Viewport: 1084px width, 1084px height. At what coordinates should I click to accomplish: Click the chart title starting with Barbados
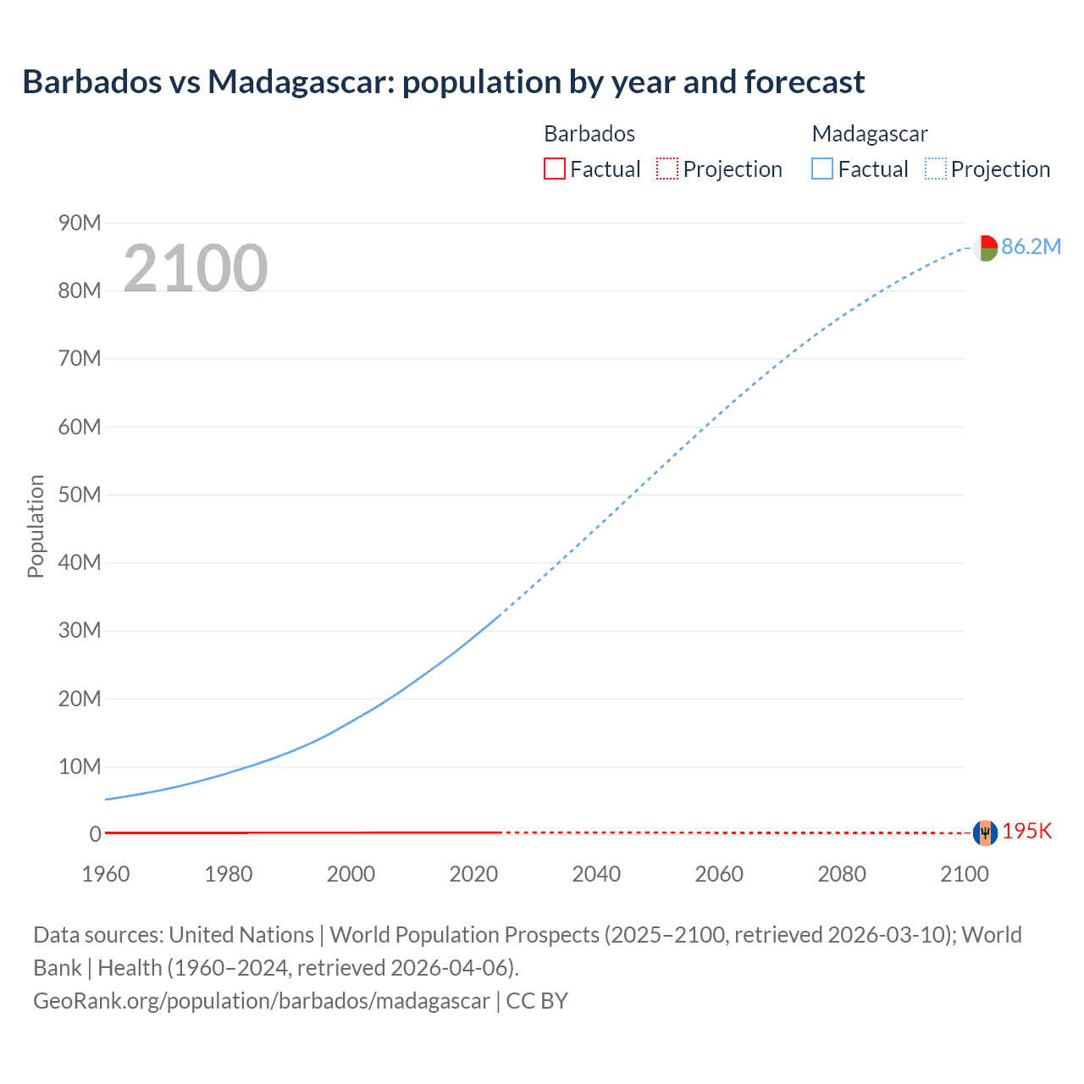443,82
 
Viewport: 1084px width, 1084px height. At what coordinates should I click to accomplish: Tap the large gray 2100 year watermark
196,268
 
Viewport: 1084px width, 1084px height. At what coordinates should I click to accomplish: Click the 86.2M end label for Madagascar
1031,246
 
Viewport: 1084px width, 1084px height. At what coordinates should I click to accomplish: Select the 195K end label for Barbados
1026,831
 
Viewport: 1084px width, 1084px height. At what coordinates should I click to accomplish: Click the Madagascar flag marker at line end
985,247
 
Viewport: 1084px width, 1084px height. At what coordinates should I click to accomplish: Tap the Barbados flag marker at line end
985,832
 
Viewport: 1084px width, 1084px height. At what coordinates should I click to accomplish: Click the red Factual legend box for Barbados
554,169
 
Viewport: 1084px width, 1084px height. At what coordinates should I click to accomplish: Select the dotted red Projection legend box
667,169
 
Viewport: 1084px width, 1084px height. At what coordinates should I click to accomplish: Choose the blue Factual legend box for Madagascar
821,169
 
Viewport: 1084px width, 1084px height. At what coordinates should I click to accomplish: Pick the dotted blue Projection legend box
935,169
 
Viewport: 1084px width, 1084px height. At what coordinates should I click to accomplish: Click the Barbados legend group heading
589,134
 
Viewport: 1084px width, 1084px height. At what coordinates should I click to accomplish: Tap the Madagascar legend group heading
870,134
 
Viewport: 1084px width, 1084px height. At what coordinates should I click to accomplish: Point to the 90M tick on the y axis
80,223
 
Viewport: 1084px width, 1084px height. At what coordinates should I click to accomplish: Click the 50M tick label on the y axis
80,495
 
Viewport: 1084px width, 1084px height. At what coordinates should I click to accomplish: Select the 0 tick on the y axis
96,834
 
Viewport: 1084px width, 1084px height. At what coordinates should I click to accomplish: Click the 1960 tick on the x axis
106,874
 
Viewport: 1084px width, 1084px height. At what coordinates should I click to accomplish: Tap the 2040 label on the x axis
596,874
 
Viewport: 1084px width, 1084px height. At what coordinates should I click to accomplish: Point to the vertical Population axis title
36,526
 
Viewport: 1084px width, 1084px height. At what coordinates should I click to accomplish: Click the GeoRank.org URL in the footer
261,1000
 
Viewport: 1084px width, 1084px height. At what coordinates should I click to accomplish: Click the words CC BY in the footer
537,1000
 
